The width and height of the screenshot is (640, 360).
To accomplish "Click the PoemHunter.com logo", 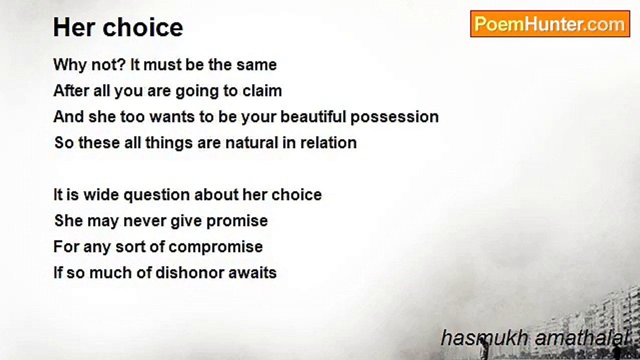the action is (x=550, y=24).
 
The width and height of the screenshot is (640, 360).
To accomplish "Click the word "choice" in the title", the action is (x=143, y=27).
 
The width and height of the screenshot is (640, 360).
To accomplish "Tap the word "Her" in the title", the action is (x=74, y=27).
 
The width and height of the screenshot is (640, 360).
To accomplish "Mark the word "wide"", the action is (x=101, y=195).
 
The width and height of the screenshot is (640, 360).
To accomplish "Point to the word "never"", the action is (x=144, y=221).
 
